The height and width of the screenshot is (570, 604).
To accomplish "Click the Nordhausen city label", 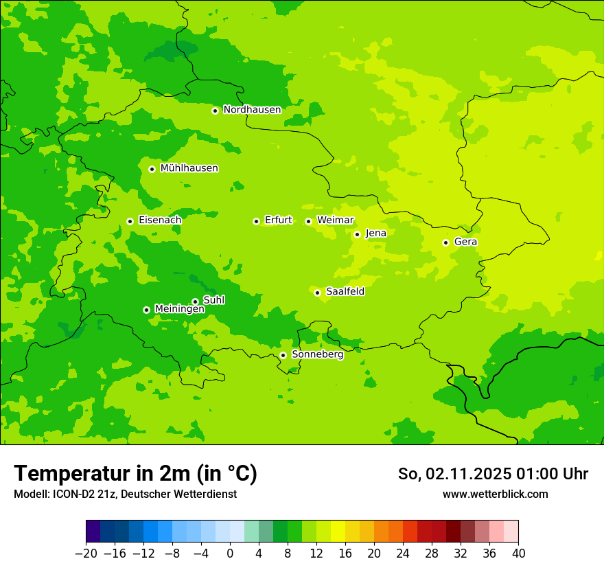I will (252, 110).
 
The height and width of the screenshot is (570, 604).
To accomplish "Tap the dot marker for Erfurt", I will (256, 221).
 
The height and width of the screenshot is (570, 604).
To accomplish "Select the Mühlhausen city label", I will (189, 168).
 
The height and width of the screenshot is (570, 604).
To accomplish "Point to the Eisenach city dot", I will (130, 221).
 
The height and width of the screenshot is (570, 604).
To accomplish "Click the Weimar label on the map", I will (335, 220).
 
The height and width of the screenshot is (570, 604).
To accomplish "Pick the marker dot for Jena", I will (357, 234).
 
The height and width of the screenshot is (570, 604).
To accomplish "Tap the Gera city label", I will (465, 242).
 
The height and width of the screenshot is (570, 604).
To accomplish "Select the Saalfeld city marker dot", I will (317, 293).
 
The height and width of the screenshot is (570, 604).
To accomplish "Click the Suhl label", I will (213, 300).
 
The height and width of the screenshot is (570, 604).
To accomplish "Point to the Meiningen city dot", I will (146, 310).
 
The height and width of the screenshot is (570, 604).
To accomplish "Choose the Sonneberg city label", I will (317, 354).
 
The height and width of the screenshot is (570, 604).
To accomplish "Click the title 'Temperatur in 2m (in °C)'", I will (135, 474).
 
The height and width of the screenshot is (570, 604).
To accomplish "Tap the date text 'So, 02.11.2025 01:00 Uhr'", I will (493, 474).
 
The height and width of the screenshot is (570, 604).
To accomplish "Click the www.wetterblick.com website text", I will (495, 494).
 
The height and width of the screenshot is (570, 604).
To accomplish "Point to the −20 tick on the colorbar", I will (86, 554).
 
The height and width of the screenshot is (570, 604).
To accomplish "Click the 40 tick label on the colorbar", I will (518, 554).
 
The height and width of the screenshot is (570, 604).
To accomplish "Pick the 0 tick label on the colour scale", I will (230, 554).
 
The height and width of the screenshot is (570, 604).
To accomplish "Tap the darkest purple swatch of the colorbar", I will (93, 532).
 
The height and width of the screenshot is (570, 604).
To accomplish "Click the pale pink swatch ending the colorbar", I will (511, 532).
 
